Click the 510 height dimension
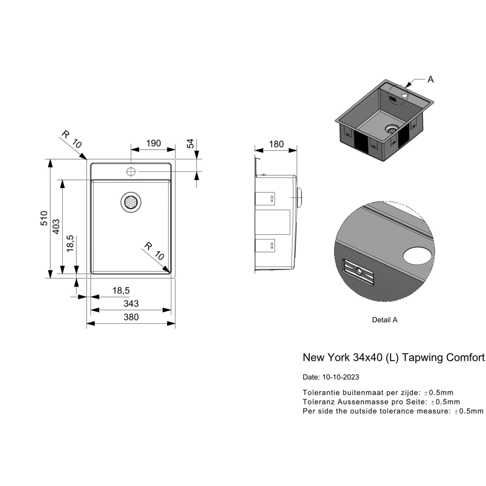pos(44,218)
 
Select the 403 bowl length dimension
pos(56,227)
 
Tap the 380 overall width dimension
pos(131,317)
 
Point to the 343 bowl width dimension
pos(131,303)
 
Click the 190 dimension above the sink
pos(154,143)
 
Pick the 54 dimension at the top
pos(190,143)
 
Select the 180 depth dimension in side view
pos(276,144)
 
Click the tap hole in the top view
pos(131,171)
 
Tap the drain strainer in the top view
pos(131,202)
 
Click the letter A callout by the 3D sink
pos(430,79)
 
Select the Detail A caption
pos(385,320)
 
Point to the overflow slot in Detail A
pos(358,272)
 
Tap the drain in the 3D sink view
pos(391,129)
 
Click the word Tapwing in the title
pos(422,358)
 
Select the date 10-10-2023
pos(341,377)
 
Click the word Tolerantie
pos(317,392)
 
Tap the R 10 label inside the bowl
pos(154,251)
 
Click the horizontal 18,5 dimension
pos(121,291)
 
